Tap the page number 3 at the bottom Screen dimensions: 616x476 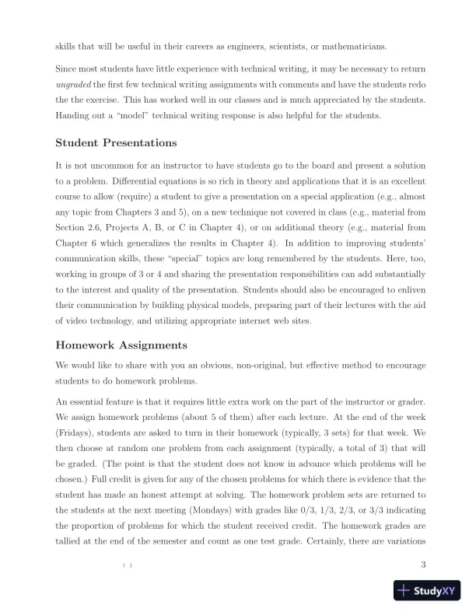(x=422, y=565)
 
